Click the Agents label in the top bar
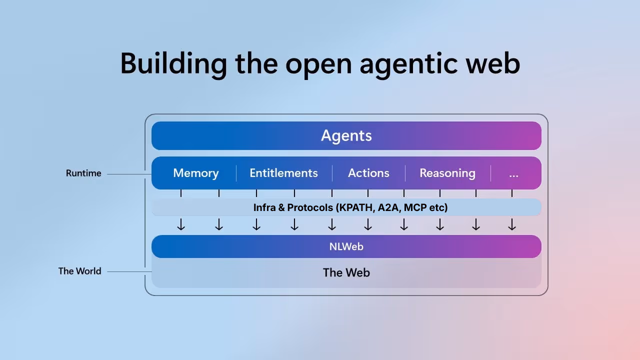(346, 135)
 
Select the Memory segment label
(195, 173)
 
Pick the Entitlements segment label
(283, 173)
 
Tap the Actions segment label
(368, 173)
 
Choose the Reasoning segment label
(447, 173)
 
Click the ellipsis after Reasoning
(513, 174)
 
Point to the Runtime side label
(83, 173)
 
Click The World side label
(79, 271)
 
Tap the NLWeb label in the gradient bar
(346, 246)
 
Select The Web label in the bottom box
(346, 272)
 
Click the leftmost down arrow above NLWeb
(181, 225)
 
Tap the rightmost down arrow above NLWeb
(512, 225)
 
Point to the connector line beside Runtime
(129, 174)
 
